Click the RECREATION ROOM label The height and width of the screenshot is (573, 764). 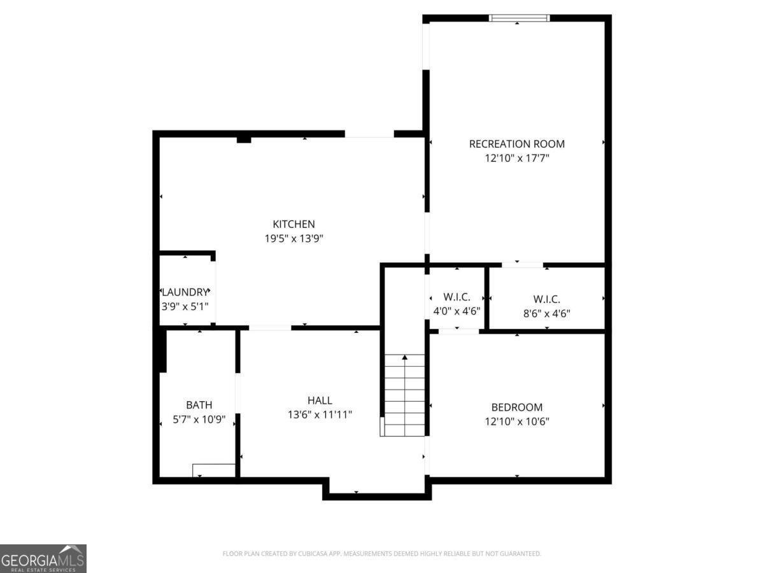[x=516, y=144]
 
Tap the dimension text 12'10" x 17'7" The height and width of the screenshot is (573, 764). [x=516, y=158]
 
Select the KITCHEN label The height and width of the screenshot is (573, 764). [x=294, y=224]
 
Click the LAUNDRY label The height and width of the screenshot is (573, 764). [x=185, y=292]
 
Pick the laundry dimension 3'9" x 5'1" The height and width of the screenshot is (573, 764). [x=185, y=306]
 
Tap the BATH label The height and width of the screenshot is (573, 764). [x=199, y=405]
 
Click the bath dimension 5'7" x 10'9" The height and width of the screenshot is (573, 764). [x=199, y=420]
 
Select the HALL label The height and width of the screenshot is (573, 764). [x=320, y=400]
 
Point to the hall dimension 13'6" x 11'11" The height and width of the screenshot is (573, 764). [x=320, y=415]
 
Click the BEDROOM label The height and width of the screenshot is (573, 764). [x=516, y=407]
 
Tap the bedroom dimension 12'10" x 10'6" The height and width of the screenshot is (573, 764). [x=516, y=421]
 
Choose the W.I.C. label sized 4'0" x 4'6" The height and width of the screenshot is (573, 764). [x=456, y=297]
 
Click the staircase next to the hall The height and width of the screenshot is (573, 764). [x=404, y=395]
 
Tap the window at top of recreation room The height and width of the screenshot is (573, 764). [x=519, y=18]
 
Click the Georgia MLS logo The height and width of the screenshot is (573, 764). [x=43, y=558]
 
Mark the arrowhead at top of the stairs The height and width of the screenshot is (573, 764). [x=404, y=357]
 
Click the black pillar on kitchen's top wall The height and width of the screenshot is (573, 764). [x=243, y=139]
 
